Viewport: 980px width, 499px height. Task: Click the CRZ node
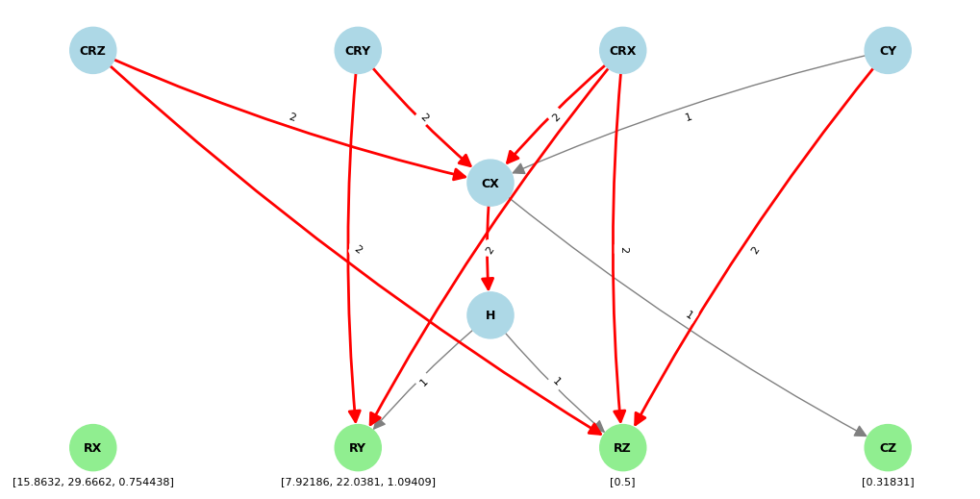(x=93, y=51)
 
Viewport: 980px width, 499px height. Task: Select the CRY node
(x=358, y=51)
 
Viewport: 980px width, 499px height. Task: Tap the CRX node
(x=622, y=51)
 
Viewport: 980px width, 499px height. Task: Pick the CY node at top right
(x=887, y=51)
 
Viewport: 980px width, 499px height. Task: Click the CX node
(x=490, y=183)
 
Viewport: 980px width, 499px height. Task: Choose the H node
(x=490, y=315)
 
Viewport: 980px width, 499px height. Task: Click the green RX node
(x=93, y=448)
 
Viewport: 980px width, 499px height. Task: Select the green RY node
(x=358, y=448)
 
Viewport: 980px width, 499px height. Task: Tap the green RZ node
(x=622, y=448)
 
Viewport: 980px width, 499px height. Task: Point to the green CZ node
(x=887, y=448)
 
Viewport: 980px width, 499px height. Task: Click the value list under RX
(x=93, y=482)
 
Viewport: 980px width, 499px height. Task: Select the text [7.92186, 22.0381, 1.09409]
(x=358, y=482)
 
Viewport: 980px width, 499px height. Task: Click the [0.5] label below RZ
(x=622, y=482)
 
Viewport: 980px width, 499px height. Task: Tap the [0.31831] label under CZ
(x=887, y=482)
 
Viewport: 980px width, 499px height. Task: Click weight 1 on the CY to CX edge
(x=688, y=117)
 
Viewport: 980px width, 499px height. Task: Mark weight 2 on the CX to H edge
(x=489, y=250)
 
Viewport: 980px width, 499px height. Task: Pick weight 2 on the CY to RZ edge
(x=755, y=250)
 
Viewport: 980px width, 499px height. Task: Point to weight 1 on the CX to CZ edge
(x=690, y=315)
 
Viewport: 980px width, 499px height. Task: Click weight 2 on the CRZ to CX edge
(x=292, y=117)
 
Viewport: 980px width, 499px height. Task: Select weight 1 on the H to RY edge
(x=423, y=382)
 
